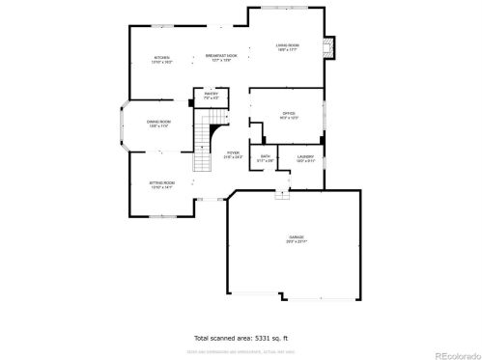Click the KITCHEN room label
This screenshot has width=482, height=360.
(x=163, y=59)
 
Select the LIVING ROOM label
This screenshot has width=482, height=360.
(x=288, y=45)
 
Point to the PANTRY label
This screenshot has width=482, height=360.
(x=211, y=95)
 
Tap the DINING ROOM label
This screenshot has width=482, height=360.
(x=158, y=123)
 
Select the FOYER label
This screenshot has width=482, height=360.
(x=233, y=153)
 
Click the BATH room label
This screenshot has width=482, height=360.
(x=265, y=157)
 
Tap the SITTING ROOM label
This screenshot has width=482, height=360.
(x=160, y=184)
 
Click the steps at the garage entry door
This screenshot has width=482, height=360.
(x=281, y=195)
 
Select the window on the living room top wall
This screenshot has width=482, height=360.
(x=286, y=9)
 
